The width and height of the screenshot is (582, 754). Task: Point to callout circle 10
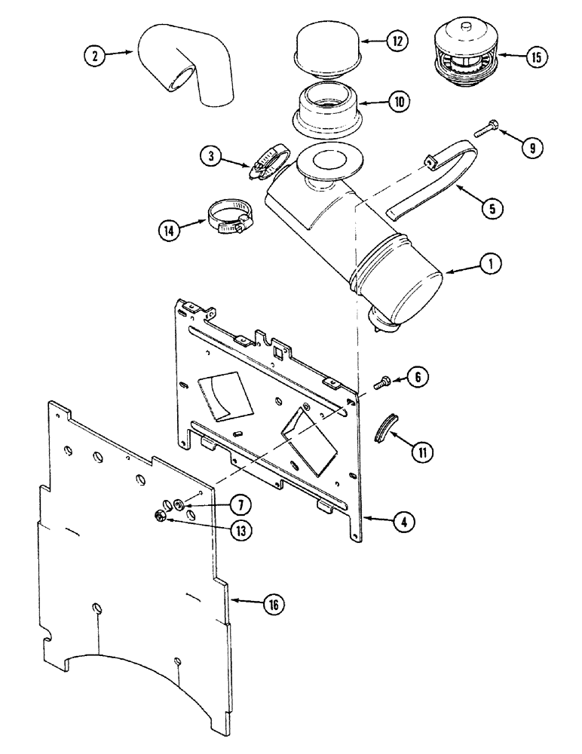[395, 102]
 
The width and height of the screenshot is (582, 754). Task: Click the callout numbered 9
[531, 148]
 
